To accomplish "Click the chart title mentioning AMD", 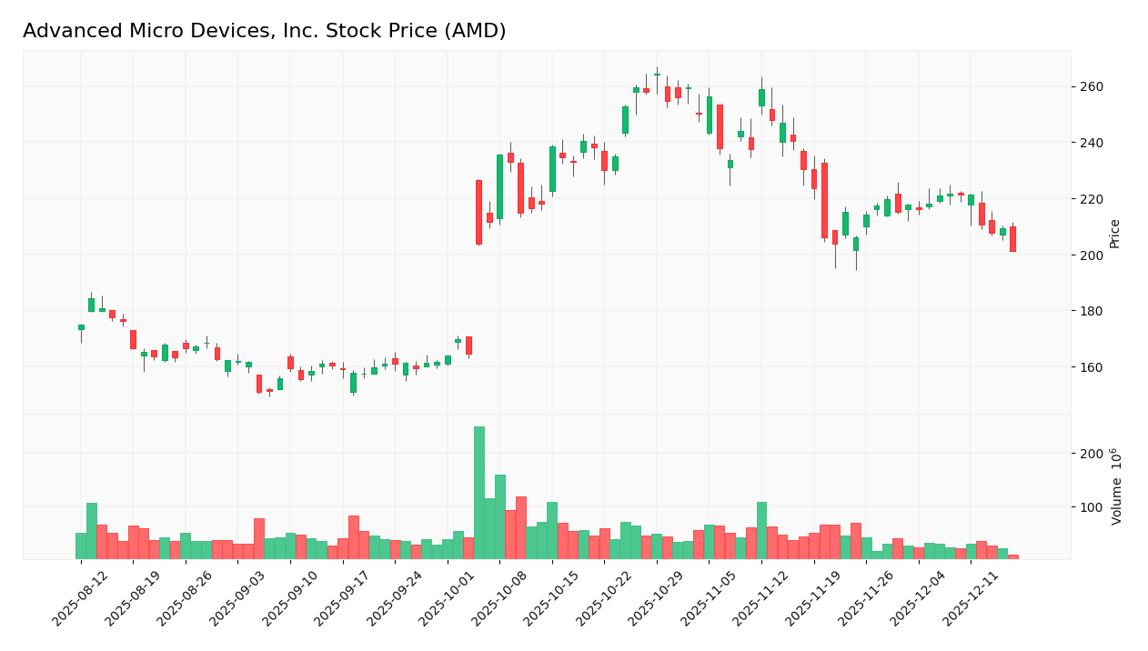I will tap(264, 31).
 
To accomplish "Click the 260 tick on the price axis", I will tap(1091, 87).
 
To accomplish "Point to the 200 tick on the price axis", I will tap(1091, 255).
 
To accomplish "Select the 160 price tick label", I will tap(1091, 367).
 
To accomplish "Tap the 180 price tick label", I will tap(1091, 311).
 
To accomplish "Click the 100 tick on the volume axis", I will tap(1091, 507).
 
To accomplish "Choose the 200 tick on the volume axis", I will tap(1091, 454).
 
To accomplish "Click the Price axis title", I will tap(1114, 234).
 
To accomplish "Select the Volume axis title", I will tap(1116, 486).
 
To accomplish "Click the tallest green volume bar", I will tap(479, 493).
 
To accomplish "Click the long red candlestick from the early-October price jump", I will tap(479, 212).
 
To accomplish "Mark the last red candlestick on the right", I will tap(1012, 239).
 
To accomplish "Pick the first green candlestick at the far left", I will tap(81, 327).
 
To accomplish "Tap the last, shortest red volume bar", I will tap(1012, 556).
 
